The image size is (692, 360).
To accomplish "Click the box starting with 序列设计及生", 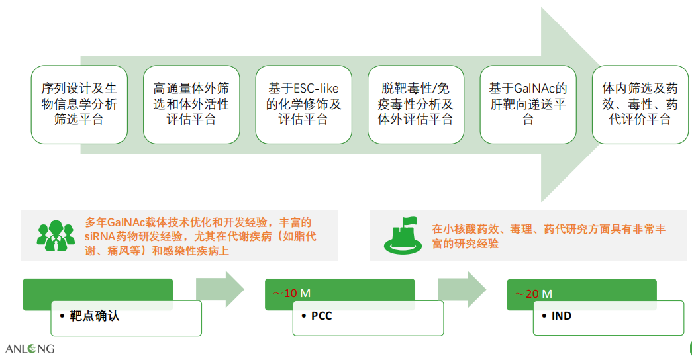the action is click(x=79, y=105).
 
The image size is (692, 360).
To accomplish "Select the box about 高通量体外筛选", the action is click(x=191, y=105).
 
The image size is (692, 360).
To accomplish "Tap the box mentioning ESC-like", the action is click(x=304, y=105).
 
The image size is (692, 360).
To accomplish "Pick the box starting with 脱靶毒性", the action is click(x=416, y=105).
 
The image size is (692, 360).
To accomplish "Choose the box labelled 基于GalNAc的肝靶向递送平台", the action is click(x=528, y=105).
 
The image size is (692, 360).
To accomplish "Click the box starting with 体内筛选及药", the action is click(x=640, y=105).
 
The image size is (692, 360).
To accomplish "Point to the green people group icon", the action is click(x=56, y=236).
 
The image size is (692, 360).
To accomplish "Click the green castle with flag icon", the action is click(x=403, y=236).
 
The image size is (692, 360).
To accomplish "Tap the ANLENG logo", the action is click(x=30, y=349).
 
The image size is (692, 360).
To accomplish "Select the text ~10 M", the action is click(x=292, y=293).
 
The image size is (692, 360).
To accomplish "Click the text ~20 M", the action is click(x=533, y=294).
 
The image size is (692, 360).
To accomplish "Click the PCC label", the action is click(x=322, y=316).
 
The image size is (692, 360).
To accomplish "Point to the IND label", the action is click(x=562, y=316).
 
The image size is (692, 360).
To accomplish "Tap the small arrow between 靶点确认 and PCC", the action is click(x=220, y=289).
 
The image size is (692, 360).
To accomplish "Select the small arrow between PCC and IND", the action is click(x=462, y=289).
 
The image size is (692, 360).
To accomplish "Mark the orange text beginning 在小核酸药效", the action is click(x=548, y=236).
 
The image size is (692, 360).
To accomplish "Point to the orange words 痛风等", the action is click(x=124, y=251).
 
